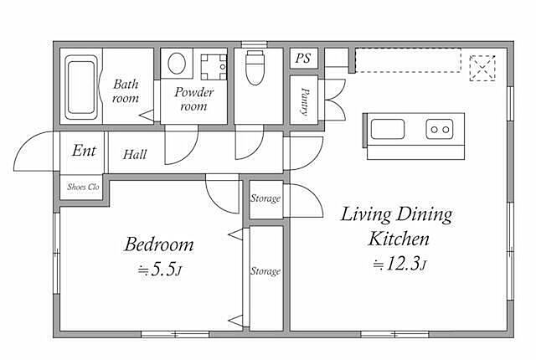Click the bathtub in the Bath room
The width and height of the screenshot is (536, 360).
pos(81,87)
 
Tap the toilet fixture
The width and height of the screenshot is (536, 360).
pos(255,68)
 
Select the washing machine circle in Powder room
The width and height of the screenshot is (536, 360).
pos(177,63)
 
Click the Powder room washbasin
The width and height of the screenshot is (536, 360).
pos(214,67)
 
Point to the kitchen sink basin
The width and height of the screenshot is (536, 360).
pos(388,129)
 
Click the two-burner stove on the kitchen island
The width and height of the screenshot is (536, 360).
pos(440,129)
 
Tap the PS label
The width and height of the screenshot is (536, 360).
pos(303,58)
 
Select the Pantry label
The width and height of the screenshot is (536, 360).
pos(305,101)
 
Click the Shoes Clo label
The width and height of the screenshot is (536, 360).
pos(83,187)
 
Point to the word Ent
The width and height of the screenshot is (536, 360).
pos(84,151)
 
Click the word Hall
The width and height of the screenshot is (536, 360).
pos(135,155)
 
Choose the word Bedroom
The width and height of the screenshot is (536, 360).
pos(159,244)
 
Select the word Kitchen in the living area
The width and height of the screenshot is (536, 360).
pos(399,239)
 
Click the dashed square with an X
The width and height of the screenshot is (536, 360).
pos(482,69)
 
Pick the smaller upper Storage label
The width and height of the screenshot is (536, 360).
pos(265,198)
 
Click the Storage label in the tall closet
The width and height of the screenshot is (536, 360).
pos(265,271)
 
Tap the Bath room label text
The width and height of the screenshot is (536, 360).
pos(126,91)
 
